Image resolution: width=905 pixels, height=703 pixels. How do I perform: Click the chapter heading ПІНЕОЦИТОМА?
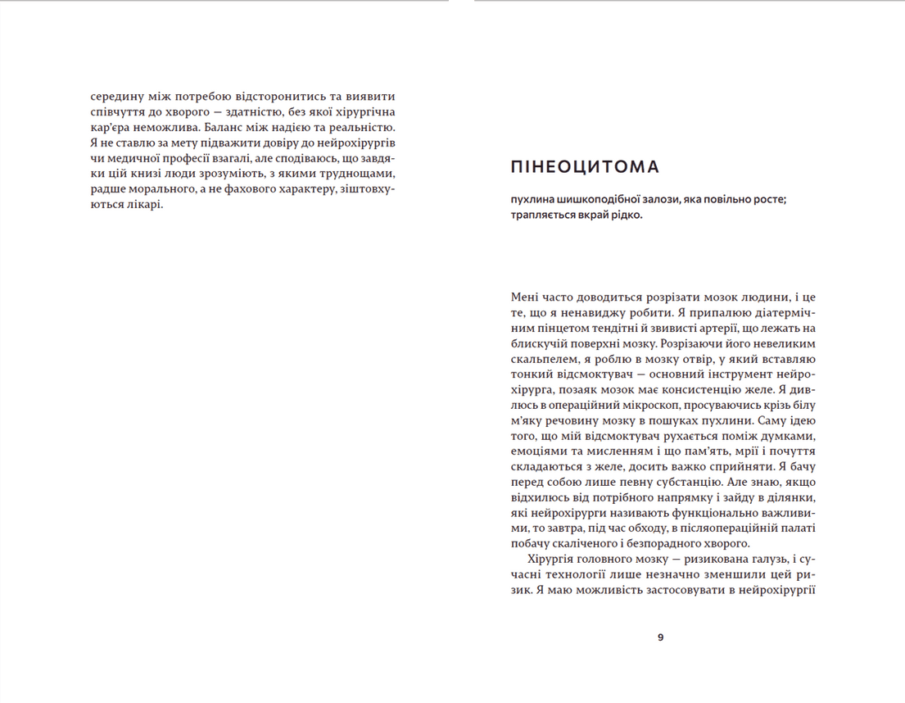tap(584, 168)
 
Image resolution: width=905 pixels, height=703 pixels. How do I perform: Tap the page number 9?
tap(661, 638)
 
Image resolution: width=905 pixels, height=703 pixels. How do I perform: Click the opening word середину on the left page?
tap(120, 94)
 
